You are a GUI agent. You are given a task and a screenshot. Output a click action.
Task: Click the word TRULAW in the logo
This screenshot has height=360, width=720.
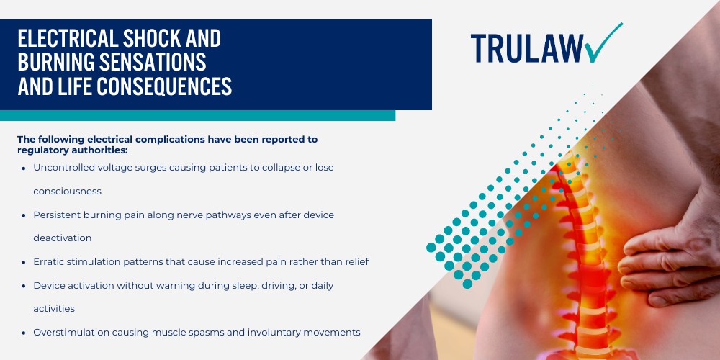click(x=526, y=48)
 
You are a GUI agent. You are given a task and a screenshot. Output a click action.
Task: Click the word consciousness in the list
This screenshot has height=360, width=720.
click(x=67, y=192)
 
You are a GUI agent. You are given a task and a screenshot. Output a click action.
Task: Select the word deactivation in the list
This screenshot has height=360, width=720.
click(x=62, y=237)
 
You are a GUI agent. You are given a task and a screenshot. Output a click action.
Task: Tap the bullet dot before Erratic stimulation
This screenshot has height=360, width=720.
click(x=24, y=261)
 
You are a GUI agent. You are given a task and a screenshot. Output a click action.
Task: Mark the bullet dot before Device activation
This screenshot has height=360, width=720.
click(x=24, y=286)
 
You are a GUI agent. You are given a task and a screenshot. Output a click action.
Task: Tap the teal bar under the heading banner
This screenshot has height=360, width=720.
click(x=197, y=115)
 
